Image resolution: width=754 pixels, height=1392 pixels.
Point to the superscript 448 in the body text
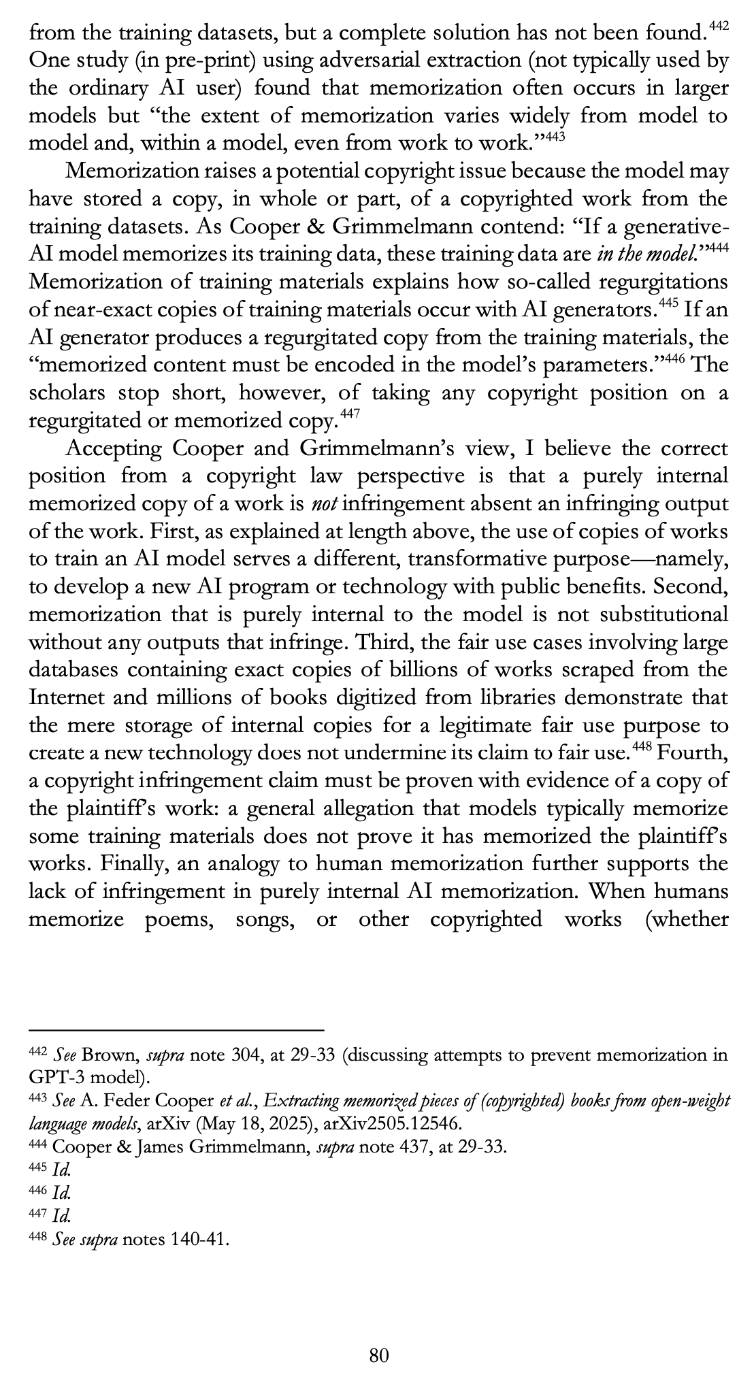(642, 748)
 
